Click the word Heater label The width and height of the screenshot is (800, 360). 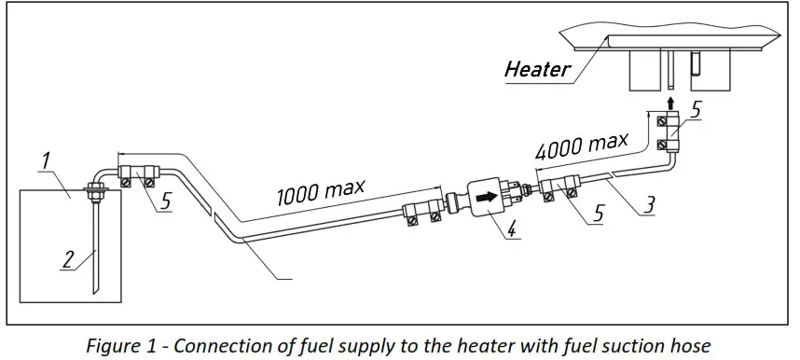(537, 68)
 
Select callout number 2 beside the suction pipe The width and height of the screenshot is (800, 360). (66, 259)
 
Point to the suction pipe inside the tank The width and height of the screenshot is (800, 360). (95, 247)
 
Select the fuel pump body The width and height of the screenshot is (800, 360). (489, 199)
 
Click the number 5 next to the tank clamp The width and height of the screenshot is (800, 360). (164, 200)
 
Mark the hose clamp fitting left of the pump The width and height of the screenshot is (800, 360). (424, 206)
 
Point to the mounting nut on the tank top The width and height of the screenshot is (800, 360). (96, 193)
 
